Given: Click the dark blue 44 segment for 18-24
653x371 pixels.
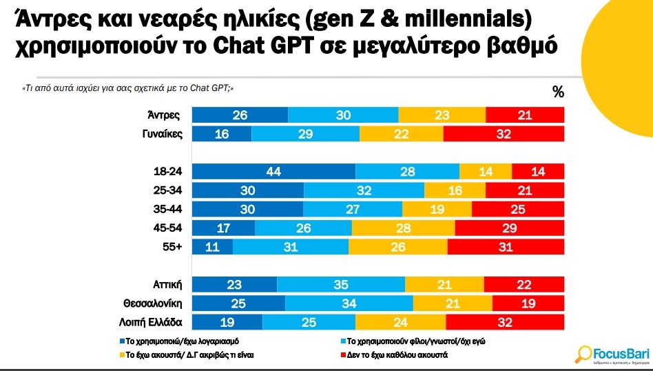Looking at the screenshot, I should [x=273, y=172].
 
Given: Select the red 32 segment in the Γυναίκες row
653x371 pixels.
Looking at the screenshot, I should [x=504, y=134].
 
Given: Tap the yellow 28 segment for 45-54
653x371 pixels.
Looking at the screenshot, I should [x=403, y=228].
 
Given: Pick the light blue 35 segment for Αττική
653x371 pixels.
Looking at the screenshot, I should [x=340, y=283].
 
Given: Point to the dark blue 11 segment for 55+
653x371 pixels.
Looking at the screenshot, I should [x=212, y=246].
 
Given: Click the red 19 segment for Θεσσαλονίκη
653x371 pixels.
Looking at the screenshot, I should [x=528, y=303].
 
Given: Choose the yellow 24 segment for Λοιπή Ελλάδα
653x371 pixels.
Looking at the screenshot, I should [x=401, y=322].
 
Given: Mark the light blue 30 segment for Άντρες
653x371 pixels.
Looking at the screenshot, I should [x=343, y=115].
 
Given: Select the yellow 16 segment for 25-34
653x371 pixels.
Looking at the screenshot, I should [x=455, y=190].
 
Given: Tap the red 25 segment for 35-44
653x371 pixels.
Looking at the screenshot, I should [x=518, y=209].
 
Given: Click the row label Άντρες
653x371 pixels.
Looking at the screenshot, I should [x=165, y=115].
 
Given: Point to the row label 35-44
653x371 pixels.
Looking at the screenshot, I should [x=168, y=209].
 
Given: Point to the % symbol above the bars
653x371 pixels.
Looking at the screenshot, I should [x=558, y=92].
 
